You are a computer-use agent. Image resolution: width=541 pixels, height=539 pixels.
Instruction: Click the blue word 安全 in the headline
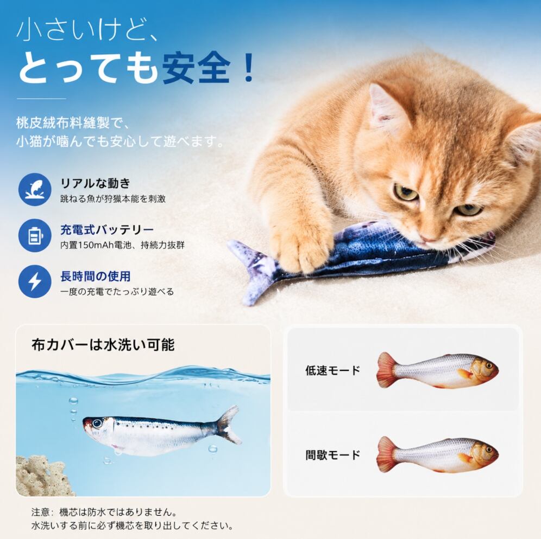coord(196,67)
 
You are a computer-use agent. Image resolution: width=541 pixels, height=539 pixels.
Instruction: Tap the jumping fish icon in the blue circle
coord(35,189)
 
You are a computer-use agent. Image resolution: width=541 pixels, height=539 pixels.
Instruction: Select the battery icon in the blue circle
coord(35,235)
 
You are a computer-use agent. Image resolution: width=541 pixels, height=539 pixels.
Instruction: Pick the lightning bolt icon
coord(35,282)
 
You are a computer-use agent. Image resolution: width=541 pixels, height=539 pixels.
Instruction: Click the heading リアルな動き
coord(95,183)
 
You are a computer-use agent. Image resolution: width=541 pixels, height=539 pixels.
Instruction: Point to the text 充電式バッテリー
coord(107,229)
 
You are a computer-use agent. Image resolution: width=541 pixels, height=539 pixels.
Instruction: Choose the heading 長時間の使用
coord(95,276)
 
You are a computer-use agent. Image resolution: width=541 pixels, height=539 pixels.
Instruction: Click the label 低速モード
coord(332,370)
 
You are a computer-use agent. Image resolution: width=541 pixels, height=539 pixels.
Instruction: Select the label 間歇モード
coord(332,454)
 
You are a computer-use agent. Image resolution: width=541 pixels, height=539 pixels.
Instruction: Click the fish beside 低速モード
coord(437,370)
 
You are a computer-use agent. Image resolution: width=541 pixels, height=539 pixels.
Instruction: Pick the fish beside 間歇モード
coord(437,454)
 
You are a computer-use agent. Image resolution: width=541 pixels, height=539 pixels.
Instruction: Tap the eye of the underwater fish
coord(97,424)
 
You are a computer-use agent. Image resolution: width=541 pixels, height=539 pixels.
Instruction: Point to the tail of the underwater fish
coord(228,425)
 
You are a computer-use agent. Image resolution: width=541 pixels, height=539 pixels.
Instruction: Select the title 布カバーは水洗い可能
coord(103,345)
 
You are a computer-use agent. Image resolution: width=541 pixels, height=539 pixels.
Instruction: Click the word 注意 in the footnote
coord(40,512)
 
